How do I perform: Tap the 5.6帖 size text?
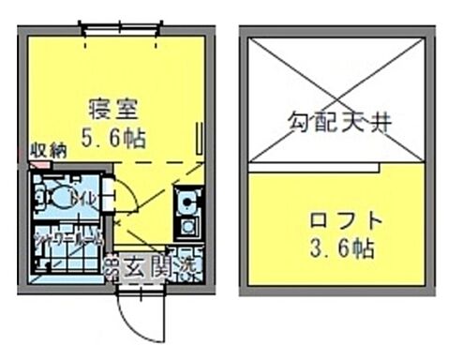[x=115, y=137]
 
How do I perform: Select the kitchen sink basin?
[x=187, y=200]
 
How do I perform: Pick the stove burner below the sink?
[x=187, y=226]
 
